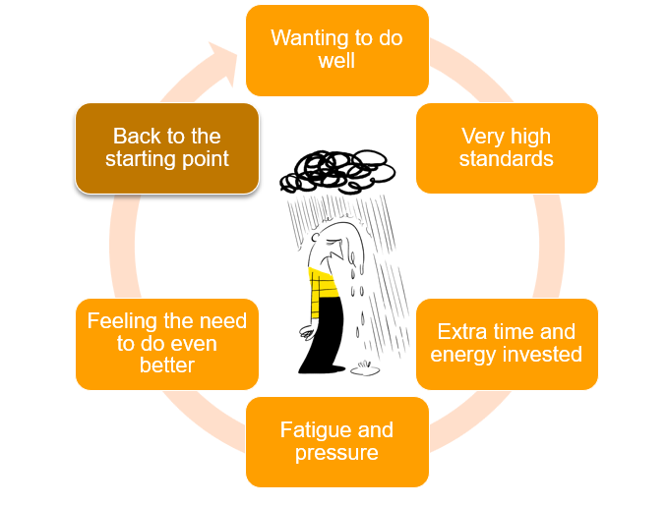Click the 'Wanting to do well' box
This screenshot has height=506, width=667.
point(337,50)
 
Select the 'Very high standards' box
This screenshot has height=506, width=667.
point(507,148)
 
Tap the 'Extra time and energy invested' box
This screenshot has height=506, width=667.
point(507,344)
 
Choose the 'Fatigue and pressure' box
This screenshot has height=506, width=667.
point(337,442)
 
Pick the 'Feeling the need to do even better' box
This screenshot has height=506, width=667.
point(167,344)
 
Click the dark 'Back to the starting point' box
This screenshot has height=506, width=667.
point(167,148)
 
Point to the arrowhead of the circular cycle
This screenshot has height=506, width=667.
point(222,63)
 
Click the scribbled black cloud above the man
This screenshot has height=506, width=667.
point(337,171)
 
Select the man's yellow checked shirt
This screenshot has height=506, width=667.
point(324,289)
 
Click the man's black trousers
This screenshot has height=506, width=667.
point(324,336)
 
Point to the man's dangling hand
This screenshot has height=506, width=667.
point(307,332)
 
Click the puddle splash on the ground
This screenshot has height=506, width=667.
point(365,368)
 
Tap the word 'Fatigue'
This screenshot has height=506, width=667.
point(313,430)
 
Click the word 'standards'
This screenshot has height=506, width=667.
point(507,159)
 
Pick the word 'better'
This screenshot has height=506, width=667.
point(167,365)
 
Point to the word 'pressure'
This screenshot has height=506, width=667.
point(336,453)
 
